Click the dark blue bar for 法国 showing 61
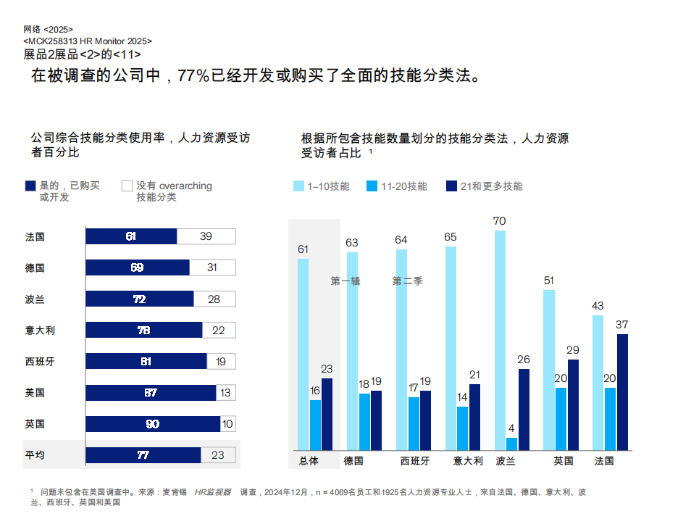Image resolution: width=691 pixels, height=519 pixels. (131, 236)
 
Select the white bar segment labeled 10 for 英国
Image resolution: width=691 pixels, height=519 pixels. (227, 424)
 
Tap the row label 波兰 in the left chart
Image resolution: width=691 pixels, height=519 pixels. (35, 299)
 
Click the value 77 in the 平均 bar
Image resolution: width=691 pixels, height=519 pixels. (143, 455)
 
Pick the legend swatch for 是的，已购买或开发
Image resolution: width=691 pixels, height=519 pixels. (30, 186)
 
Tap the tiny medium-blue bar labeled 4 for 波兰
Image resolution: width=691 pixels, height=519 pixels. (512, 444)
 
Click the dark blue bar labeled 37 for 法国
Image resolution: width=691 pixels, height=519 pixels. (622, 391)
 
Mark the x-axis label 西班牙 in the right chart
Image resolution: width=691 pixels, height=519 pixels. (414, 461)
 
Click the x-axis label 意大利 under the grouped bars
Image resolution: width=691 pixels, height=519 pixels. (467, 461)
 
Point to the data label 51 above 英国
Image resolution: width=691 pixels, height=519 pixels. (549, 281)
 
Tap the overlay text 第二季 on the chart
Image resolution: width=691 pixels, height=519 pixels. (408, 281)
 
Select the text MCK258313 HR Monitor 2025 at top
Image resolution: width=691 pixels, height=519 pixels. (88, 41)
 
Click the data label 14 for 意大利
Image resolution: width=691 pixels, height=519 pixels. (463, 397)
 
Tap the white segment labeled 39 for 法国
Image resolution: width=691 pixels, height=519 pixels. (206, 236)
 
